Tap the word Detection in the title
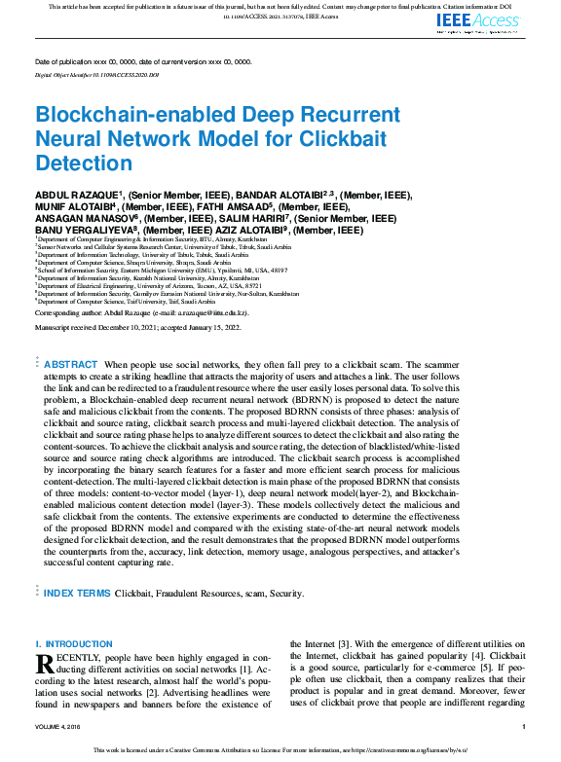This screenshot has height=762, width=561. tap(84, 163)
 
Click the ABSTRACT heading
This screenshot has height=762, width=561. tap(71, 364)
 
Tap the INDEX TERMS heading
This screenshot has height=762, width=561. tap(78, 592)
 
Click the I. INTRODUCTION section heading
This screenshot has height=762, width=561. tap(74, 644)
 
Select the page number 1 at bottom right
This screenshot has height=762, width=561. tap(524, 727)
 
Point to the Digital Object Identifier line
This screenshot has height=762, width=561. tap(96, 74)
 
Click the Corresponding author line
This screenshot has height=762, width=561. tap(142, 313)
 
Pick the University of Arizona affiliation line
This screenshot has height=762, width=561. tap(143, 285)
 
